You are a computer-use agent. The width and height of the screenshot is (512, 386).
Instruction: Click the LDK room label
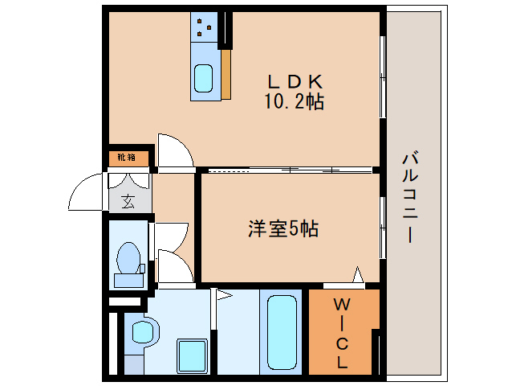click(295, 81)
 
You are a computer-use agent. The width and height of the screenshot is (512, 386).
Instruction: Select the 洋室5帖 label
click(282, 229)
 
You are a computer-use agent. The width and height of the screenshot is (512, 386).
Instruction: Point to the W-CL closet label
click(342, 333)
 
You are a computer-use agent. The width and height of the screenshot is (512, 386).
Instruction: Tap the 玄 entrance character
click(128, 201)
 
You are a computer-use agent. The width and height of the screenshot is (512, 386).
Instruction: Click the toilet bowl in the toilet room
click(128, 259)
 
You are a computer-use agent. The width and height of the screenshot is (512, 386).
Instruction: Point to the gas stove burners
click(205, 29)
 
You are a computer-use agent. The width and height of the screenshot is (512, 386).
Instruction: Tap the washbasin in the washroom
click(142, 332)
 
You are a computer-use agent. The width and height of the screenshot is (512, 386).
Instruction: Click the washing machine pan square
click(193, 355)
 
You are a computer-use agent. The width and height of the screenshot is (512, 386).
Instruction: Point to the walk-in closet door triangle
click(357, 276)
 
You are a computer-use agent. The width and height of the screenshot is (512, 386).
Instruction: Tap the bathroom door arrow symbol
click(223, 296)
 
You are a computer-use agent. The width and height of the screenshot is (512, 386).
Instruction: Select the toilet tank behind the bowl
click(128, 281)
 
